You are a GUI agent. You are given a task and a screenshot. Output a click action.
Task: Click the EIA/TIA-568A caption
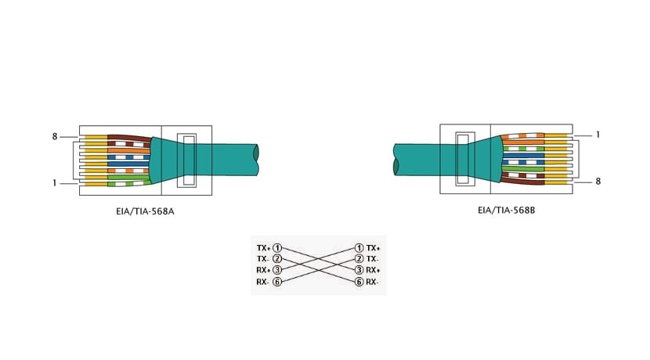point(145,211)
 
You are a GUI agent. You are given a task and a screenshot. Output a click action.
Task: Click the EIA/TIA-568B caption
point(506,210)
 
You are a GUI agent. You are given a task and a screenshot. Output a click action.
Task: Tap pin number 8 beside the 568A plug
point(55,136)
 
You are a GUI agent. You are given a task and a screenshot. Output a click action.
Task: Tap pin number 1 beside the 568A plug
point(54,182)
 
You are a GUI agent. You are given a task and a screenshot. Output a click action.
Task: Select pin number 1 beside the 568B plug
point(598,135)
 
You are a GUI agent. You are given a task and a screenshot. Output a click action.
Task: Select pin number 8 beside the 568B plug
point(598,181)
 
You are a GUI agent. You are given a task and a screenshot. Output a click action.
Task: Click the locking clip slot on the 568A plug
point(187,160)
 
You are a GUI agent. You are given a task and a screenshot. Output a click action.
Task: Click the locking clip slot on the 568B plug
point(465,159)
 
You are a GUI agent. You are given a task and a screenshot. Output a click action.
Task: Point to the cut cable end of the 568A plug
point(256,160)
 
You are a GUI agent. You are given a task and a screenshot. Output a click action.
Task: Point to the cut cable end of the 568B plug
point(396,160)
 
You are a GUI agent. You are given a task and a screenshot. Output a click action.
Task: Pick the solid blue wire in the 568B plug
point(524,157)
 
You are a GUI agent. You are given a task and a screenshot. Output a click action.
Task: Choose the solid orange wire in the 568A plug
point(129,151)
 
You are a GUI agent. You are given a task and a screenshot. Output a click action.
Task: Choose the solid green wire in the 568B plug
point(523,168)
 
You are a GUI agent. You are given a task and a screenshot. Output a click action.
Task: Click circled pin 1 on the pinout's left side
point(277,248)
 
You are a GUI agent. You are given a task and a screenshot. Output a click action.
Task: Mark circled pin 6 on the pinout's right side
point(359,282)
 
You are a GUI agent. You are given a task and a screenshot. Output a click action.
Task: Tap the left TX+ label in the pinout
point(263,248)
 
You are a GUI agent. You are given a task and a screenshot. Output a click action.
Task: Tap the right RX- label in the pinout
point(372,282)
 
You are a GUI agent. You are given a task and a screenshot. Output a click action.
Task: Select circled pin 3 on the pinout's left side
point(277,270)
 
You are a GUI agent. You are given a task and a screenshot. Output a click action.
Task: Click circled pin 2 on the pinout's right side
point(359,259)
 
